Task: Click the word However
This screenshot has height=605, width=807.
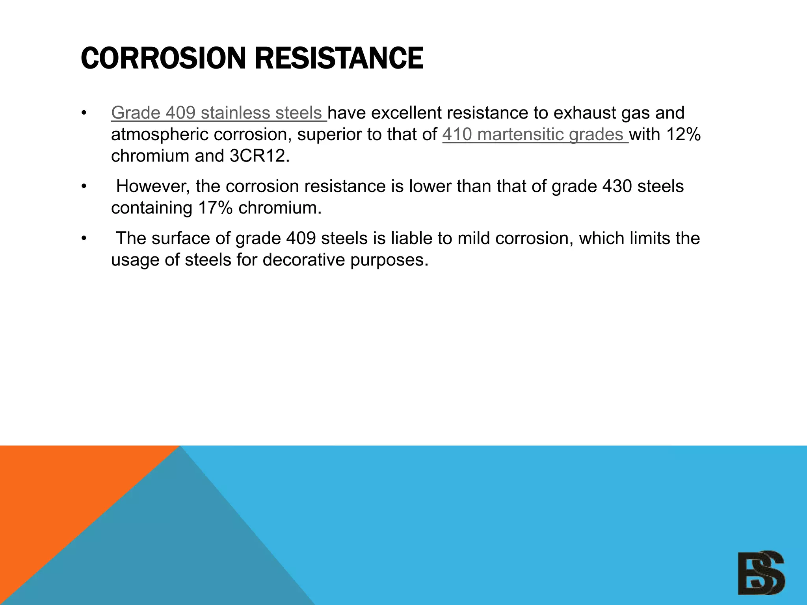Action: pyautogui.click(x=153, y=186)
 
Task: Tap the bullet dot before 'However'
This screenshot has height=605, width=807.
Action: pyautogui.click(x=83, y=186)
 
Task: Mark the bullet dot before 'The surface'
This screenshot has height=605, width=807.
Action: pyautogui.click(x=83, y=238)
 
